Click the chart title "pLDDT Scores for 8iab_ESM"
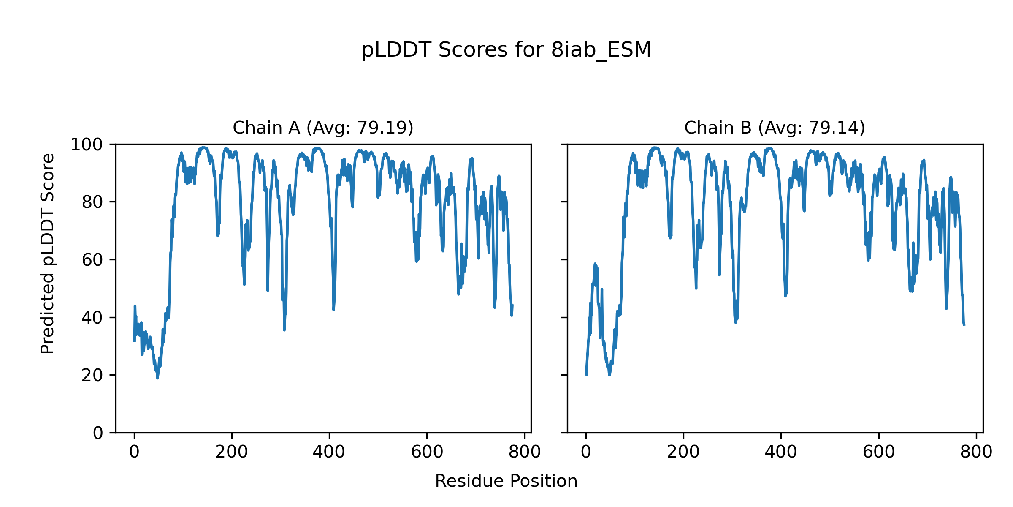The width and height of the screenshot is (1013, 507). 506,50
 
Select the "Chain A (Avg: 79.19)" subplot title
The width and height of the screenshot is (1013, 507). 323,128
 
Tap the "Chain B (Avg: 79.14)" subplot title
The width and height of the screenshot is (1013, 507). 775,128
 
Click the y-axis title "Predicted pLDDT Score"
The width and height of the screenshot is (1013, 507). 47,253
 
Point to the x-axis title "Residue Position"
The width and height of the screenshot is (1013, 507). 506,481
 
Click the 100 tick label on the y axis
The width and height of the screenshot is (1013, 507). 87,145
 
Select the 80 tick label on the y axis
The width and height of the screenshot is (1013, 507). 92,202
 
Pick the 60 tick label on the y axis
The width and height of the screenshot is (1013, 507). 92,260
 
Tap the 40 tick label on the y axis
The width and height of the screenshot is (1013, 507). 92,318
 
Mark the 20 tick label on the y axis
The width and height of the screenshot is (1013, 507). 92,376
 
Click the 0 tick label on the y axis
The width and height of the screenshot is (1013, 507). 98,433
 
